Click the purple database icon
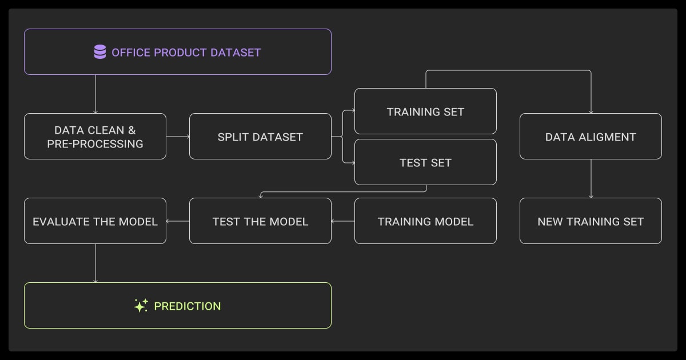click(100, 53)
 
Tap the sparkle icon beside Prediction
click(141, 306)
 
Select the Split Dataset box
click(260, 137)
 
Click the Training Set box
click(425, 111)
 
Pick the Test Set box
click(425, 163)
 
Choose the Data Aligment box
click(591, 137)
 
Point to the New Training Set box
click(591, 221)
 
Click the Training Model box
click(425, 221)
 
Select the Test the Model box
click(260, 221)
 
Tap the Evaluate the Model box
click(95, 221)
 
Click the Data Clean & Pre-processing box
click(95, 137)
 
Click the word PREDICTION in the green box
click(188, 306)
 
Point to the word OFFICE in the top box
click(131, 53)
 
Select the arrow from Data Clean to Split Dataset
click(178, 137)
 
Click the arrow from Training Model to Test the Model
click(343, 221)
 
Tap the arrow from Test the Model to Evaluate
click(178, 221)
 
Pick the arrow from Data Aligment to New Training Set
click(591, 178)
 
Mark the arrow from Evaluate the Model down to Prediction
click(95, 263)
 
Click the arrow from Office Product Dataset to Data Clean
click(95, 94)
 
